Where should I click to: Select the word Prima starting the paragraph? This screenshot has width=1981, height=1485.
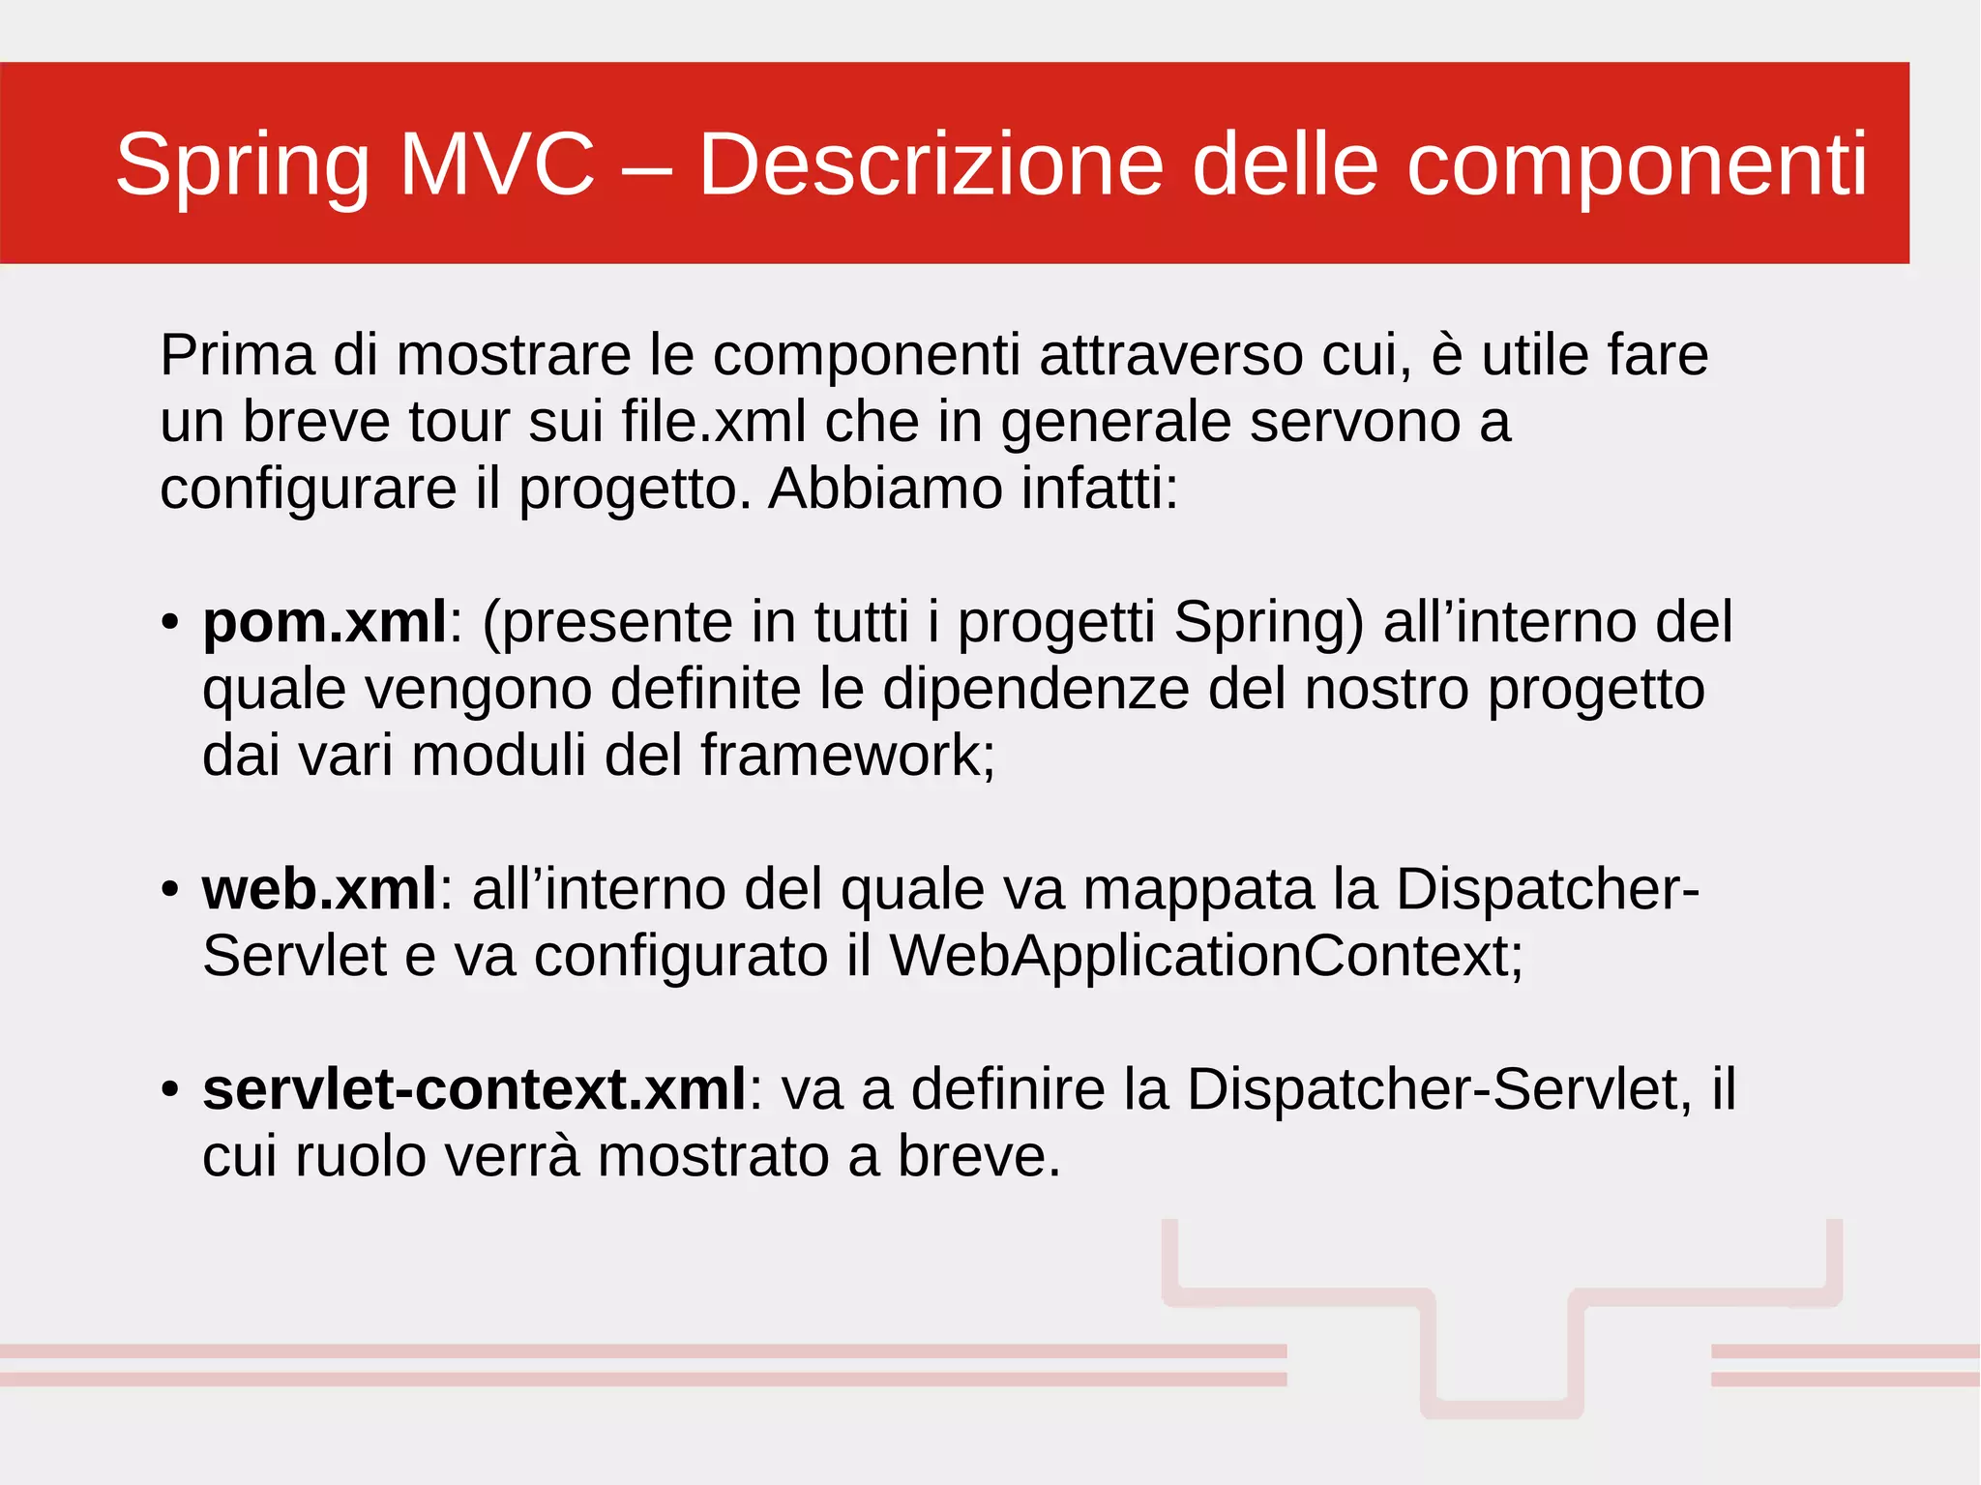click(x=237, y=355)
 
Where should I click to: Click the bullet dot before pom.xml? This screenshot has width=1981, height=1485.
click(x=170, y=621)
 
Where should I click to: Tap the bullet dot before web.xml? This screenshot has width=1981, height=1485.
click(x=170, y=888)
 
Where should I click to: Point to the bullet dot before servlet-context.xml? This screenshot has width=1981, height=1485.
click(x=170, y=1089)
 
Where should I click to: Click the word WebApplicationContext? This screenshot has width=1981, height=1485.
click(x=1205, y=956)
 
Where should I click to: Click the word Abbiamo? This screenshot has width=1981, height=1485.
click(x=885, y=489)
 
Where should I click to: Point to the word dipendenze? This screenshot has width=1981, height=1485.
click(x=1036, y=689)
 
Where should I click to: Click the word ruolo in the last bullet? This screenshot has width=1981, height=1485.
click(x=360, y=1156)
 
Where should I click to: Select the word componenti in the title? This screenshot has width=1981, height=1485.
click(x=1636, y=164)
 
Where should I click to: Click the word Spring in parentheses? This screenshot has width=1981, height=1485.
click(x=1268, y=621)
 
